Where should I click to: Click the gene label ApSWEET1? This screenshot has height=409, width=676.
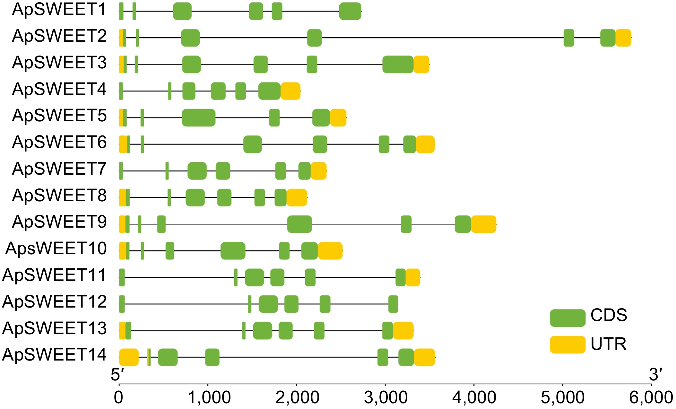59,10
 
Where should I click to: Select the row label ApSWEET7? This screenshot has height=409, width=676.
59,169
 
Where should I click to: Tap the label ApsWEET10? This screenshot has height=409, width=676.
56,249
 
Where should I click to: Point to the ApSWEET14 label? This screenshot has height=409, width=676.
54,355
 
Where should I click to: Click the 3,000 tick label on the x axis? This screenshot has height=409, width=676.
386,398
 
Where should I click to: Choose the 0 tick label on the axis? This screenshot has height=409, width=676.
118,398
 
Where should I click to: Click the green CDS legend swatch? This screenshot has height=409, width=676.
568,318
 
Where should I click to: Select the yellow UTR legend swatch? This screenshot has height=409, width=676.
568,344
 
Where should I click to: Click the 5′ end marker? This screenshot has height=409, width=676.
117,375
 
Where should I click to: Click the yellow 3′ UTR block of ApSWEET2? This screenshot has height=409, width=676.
623,38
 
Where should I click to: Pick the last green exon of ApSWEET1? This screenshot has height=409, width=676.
350,11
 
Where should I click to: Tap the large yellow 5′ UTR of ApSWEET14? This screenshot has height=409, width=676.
129,357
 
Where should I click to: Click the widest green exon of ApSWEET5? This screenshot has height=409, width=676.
199,118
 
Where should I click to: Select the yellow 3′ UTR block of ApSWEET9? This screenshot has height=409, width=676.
483,224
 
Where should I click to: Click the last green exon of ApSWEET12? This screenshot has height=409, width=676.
393,304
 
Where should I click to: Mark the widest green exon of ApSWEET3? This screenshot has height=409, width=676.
398,65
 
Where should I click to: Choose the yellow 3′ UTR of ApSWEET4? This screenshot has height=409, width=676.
290,91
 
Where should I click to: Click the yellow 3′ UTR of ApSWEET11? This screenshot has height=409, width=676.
413,277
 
